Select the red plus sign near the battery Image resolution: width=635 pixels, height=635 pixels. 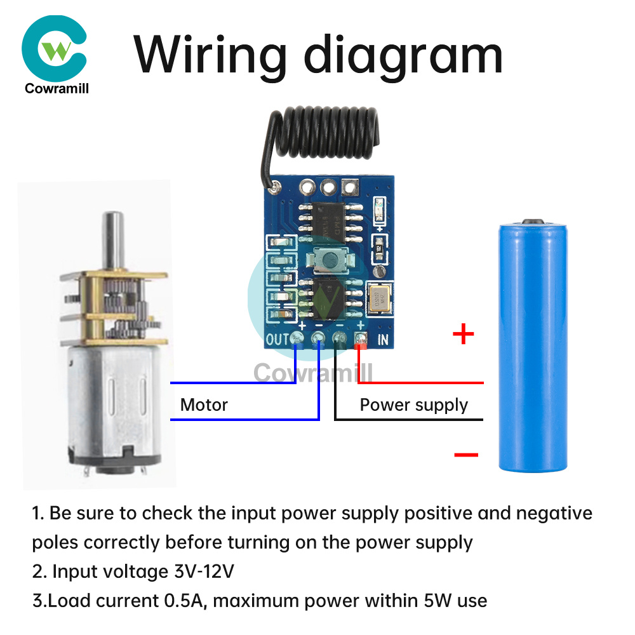[x=464, y=334]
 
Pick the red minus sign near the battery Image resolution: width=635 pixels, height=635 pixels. [x=466, y=454]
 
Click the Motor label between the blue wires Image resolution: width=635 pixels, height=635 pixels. [x=204, y=404]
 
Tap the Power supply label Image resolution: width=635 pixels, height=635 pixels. [x=413, y=405]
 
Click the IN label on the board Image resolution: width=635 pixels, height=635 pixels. [x=383, y=340]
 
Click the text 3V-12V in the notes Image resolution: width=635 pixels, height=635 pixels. [x=204, y=571]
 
